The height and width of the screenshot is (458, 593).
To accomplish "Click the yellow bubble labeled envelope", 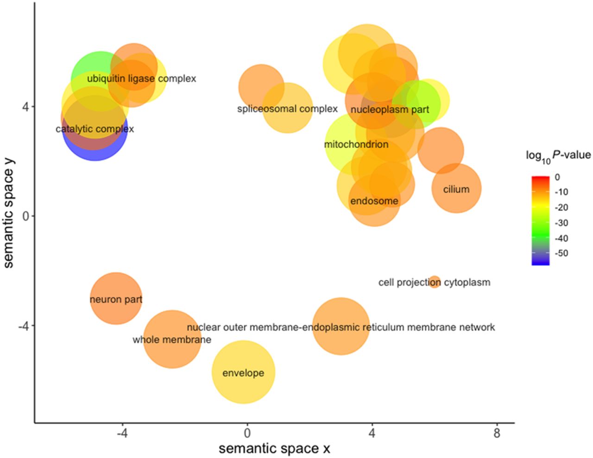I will [243, 372].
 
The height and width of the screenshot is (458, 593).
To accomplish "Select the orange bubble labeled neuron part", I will [116, 299].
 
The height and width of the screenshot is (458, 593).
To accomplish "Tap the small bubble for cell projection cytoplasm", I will [434, 282].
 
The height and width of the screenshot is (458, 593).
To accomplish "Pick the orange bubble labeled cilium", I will [456, 189].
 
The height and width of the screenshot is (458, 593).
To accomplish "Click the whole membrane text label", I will [172, 340].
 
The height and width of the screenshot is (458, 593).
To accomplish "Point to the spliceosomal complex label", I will [287, 109].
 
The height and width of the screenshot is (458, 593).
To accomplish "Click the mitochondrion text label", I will [356, 144].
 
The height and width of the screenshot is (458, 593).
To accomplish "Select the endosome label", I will [374, 201].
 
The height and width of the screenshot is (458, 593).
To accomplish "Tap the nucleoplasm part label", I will [390, 110].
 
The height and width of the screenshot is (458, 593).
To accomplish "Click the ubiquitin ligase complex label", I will [141, 79].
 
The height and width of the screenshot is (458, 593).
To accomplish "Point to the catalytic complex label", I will [95, 129].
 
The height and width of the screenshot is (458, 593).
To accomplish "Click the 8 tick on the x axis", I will [497, 433].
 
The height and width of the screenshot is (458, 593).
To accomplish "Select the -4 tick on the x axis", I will [122, 433].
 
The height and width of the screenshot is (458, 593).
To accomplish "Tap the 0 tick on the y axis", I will [25, 216].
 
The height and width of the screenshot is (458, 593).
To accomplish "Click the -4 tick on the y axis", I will [23, 326].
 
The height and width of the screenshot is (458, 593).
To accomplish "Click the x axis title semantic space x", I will [274, 449].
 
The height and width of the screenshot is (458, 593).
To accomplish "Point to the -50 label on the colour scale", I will [561, 253].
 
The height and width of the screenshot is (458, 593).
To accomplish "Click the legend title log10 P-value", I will [558, 155].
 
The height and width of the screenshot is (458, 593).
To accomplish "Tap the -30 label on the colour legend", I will [561, 223].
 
